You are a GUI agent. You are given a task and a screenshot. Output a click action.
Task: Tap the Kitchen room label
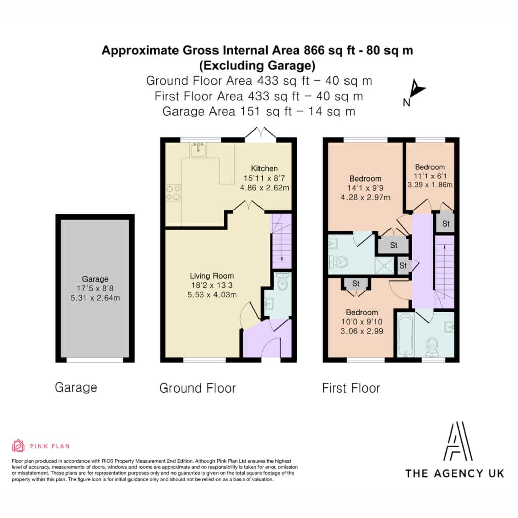264,168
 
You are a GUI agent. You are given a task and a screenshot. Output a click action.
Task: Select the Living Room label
212,276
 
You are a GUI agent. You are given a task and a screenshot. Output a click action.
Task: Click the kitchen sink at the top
198,150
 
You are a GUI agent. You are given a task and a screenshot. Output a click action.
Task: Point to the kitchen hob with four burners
174,193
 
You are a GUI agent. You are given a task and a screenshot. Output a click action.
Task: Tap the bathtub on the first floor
405,335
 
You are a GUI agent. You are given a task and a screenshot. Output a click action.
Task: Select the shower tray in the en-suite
384,266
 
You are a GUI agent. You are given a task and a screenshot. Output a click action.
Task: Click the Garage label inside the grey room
95,279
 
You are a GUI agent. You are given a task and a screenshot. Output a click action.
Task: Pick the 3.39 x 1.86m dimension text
430,185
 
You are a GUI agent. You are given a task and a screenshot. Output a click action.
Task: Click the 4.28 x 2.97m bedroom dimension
365,198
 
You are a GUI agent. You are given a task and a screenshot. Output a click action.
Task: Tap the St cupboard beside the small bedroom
446,223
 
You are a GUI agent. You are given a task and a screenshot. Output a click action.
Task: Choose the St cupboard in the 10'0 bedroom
356,283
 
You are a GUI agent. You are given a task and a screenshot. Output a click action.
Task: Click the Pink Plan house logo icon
18,446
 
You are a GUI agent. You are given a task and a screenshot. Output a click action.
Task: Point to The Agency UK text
455,473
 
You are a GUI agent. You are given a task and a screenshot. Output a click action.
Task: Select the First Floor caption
351,388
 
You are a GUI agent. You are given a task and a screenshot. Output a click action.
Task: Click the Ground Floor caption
198,388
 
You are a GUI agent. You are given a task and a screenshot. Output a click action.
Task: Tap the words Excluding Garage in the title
257,65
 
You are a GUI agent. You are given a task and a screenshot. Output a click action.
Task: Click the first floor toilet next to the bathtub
432,348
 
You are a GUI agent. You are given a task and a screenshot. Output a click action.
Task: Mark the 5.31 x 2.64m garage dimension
95,298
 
